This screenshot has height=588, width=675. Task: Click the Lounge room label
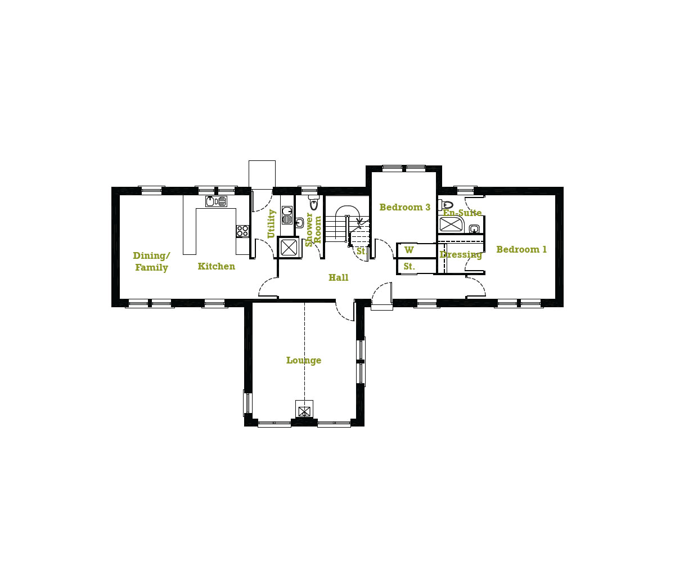[304, 360]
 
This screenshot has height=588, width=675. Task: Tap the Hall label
[339, 277]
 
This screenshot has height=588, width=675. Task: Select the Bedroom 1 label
[521, 249]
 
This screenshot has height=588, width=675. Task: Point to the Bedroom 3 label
[405, 207]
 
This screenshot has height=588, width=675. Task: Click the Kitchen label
[217, 266]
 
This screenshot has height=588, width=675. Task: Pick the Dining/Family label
[151, 261]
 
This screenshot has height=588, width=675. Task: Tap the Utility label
[271, 224]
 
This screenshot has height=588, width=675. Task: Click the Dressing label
[461, 255]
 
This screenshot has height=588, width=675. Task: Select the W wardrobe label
[409, 250]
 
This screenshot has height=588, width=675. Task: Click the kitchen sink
[216, 201]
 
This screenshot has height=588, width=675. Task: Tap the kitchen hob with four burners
[242, 231]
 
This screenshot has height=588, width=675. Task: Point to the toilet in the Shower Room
[314, 202]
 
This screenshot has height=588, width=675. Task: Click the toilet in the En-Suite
[445, 205]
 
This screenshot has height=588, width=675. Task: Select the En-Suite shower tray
[452, 225]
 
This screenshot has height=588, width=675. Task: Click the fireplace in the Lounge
[304, 409]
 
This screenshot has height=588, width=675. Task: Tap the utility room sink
[287, 216]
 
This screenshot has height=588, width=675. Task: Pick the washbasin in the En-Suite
[474, 228]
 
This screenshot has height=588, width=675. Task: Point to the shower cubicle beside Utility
[289, 247]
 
